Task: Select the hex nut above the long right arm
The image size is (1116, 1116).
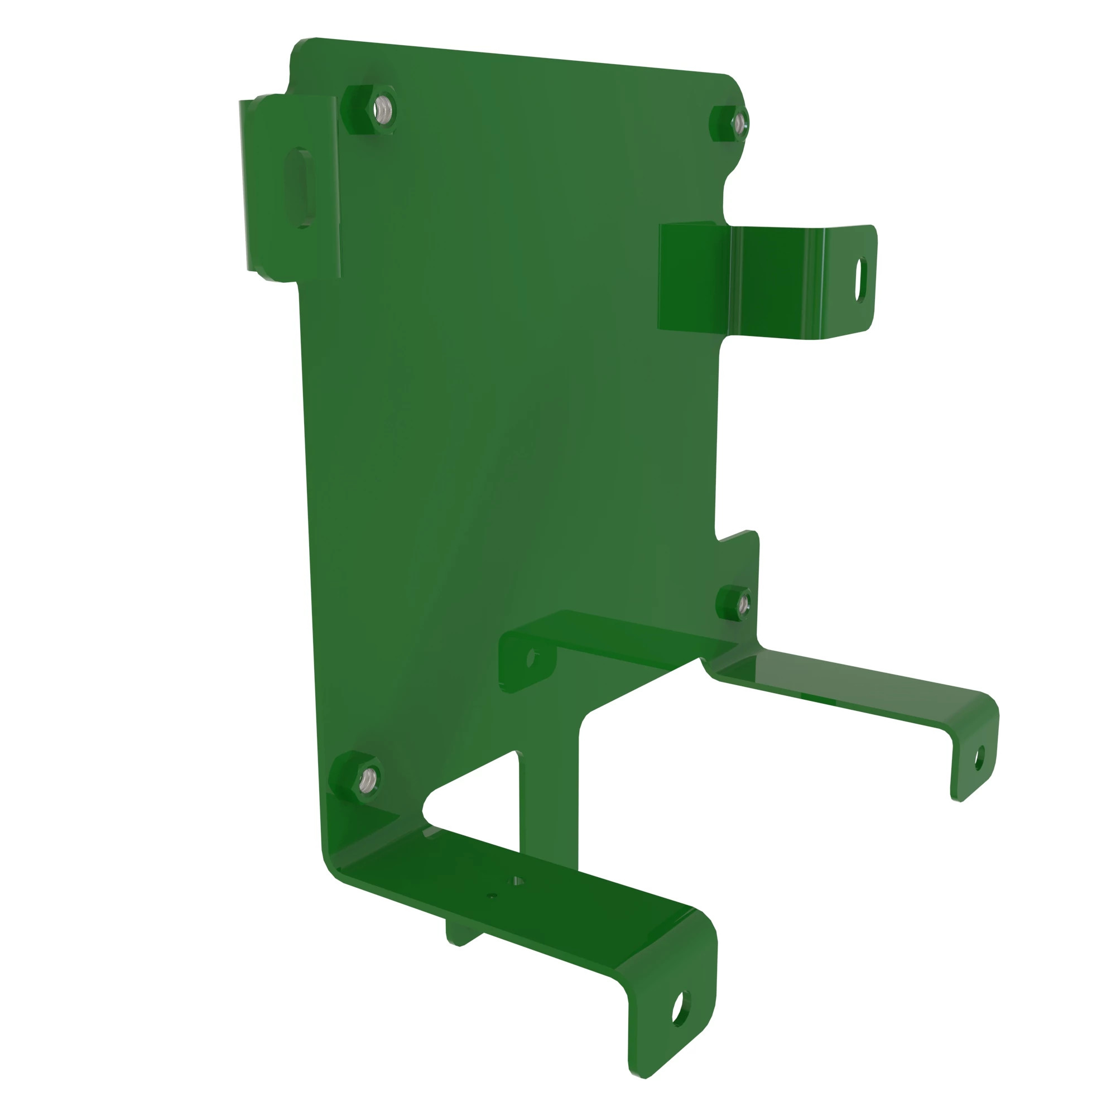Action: pyautogui.click(x=735, y=604)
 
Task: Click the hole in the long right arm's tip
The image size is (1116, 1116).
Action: pyautogui.click(x=979, y=758)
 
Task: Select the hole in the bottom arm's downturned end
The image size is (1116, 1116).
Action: pyautogui.click(x=681, y=1008)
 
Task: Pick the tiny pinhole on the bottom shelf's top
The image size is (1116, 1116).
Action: pyautogui.click(x=492, y=896)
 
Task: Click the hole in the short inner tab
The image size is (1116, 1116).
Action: pyautogui.click(x=532, y=658)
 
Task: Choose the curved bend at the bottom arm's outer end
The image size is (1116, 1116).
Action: pyautogui.click(x=702, y=924)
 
